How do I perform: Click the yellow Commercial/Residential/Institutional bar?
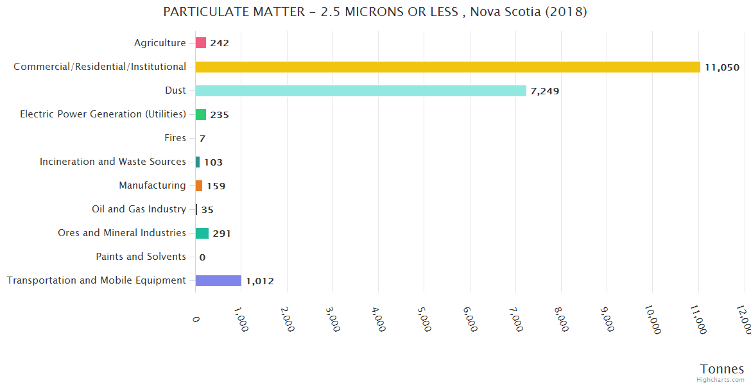point(447,67)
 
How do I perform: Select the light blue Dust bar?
point(361,90)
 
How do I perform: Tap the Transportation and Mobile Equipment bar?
point(218,280)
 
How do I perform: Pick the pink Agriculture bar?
point(201,43)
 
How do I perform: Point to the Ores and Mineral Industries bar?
point(202,233)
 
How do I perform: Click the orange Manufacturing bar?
point(199,185)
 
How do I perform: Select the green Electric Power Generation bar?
point(201,114)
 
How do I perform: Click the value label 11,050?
point(722,67)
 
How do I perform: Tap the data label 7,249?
point(545,91)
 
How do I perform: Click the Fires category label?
point(175,138)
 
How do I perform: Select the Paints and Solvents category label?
point(141,257)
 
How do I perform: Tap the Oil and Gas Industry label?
point(139,209)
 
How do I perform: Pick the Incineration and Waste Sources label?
point(113,162)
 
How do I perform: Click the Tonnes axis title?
point(722,369)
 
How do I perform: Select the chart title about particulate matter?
point(376,12)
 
